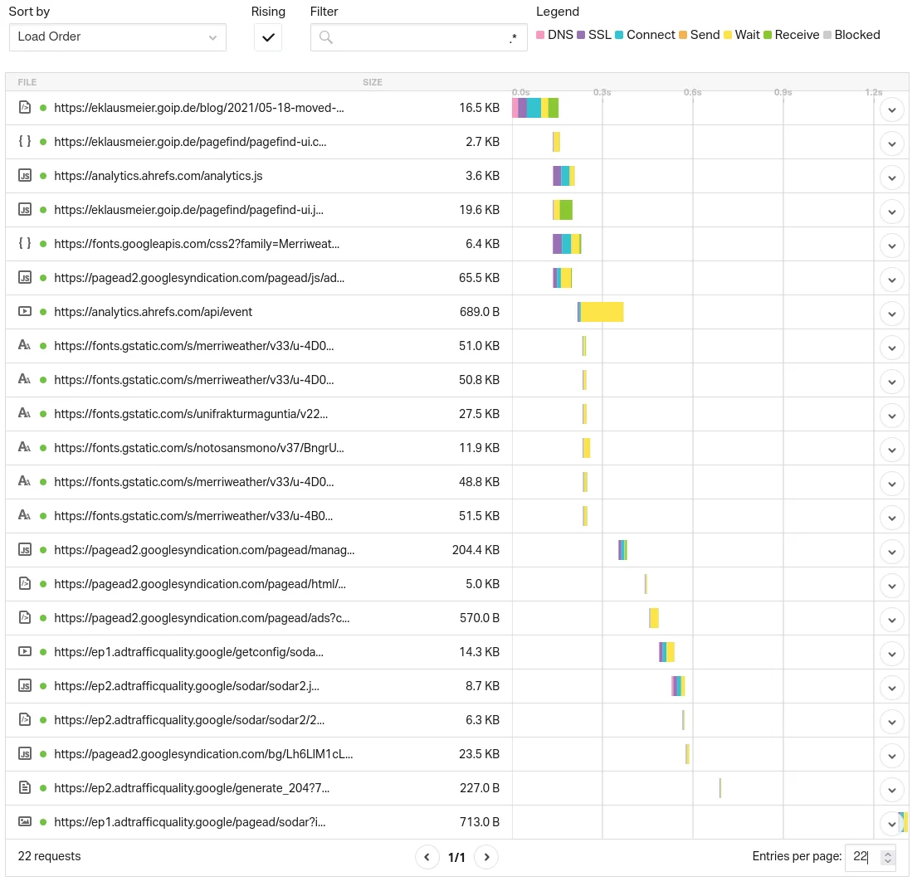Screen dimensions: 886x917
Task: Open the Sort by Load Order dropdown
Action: [x=117, y=37]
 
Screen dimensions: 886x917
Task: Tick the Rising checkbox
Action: [x=268, y=37]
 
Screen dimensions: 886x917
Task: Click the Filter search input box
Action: [x=419, y=37]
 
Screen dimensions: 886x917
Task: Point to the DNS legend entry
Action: [x=555, y=35]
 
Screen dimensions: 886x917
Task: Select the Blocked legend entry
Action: [x=851, y=35]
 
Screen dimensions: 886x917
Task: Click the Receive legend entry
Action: [x=791, y=35]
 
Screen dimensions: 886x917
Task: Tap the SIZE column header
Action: [x=373, y=82]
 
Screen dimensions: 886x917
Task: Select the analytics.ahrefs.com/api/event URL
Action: [x=154, y=312]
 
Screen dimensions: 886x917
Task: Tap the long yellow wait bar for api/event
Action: [x=602, y=312]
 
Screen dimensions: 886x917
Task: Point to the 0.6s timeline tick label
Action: [x=692, y=93]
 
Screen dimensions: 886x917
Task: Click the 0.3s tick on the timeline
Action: [x=602, y=93]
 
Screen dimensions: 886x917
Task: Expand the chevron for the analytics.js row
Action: [x=891, y=176]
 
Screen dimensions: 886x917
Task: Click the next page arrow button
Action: [x=486, y=857]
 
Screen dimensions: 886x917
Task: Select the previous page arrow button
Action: [x=427, y=857]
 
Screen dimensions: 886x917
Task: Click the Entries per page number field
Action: [x=862, y=857]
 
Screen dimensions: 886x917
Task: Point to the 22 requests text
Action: [x=50, y=856]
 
